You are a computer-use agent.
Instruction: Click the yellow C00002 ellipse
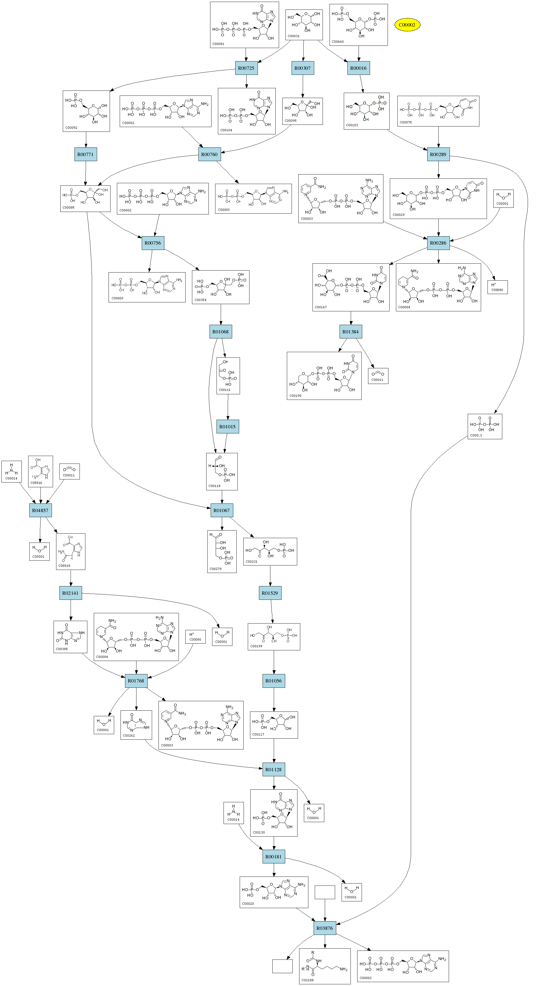click(407, 25)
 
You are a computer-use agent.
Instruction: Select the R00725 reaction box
click(246, 68)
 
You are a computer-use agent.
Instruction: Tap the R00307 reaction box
click(302, 68)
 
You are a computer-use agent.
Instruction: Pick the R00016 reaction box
click(358, 68)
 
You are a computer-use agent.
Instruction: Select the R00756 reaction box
click(153, 243)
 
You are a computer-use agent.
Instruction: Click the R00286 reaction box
click(438, 243)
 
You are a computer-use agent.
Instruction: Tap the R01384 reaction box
click(351, 332)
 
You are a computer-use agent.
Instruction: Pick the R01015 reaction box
click(227, 427)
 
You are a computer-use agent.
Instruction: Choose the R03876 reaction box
click(325, 928)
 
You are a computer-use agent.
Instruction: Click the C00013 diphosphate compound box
click(484, 426)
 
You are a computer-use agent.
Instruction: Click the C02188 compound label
click(308, 980)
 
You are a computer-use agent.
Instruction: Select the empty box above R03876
click(325, 892)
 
